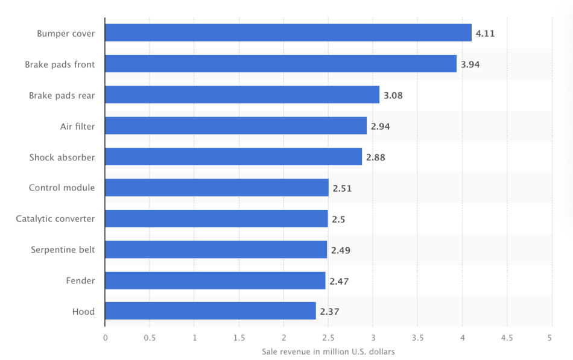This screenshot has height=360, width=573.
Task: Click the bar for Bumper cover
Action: point(288,33)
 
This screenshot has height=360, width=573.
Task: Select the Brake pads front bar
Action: point(280,64)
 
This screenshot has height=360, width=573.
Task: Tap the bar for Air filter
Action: point(236,126)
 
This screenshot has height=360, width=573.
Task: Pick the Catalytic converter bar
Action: point(217,219)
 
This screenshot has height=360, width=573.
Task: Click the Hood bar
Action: point(211,311)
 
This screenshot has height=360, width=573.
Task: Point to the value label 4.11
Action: point(485,34)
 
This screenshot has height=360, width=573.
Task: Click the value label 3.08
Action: point(393,95)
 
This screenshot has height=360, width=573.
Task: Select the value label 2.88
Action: point(375,157)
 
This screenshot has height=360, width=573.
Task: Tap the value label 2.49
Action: point(340,250)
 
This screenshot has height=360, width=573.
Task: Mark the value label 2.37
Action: point(329,312)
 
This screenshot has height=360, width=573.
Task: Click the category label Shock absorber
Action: point(62,157)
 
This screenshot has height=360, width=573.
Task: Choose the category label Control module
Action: point(62,188)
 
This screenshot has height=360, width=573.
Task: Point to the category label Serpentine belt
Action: point(63,250)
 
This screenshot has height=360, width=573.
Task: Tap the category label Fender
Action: point(80,280)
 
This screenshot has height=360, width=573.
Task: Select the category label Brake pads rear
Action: point(62,95)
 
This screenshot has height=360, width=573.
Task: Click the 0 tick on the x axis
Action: point(105,338)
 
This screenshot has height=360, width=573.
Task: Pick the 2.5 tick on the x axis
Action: point(328,338)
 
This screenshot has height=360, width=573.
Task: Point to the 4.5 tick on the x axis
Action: point(507,338)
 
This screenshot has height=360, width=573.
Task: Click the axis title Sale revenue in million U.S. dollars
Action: point(328,352)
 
